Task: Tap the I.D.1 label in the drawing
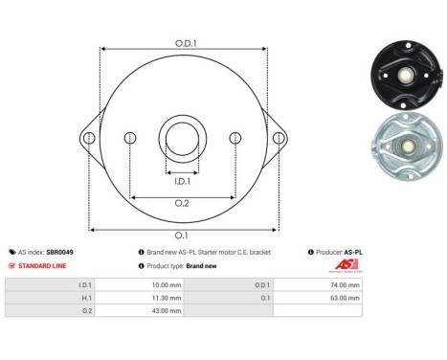point(183,180)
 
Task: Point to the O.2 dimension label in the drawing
point(183,203)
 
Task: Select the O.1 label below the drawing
point(183,235)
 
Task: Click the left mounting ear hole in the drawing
point(89,138)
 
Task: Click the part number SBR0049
point(59,252)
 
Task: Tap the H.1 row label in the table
point(85,297)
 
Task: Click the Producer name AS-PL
point(352,252)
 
